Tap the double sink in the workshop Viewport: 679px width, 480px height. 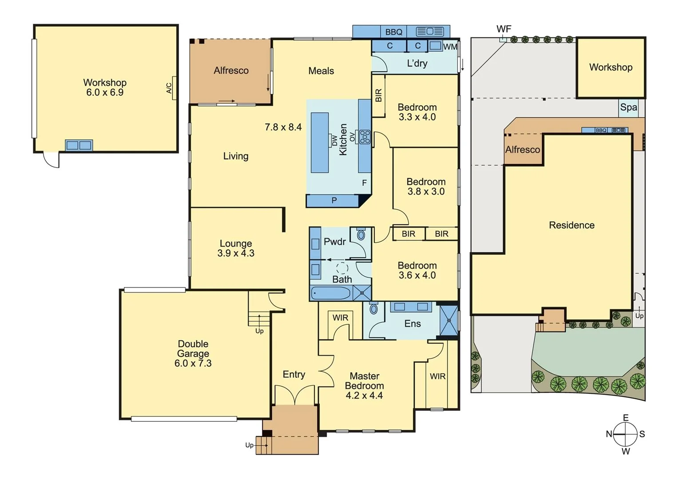click(x=79, y=145)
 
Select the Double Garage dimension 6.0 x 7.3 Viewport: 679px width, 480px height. click(x=193, y=364)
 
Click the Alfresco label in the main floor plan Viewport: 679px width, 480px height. click(x=231, y=71)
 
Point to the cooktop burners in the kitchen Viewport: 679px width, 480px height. click(x=365, y=136)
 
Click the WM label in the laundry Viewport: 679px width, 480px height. click(x=450, y=47)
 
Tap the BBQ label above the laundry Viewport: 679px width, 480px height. click(x=393, y=32)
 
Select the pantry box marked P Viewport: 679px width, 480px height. click(x=334, y=201)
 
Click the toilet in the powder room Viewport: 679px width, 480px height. click(x=361, y=234)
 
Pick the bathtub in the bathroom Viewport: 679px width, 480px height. click(x=331, y=293)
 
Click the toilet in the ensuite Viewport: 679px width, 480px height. click(x=373, y=308)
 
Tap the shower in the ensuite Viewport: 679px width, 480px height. click(x=449, y=320)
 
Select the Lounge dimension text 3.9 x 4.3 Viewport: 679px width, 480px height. click(x=236, y=253)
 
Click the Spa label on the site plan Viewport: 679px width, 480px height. click(x=628, y=108)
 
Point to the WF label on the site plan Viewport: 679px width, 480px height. click(x=504, y=29)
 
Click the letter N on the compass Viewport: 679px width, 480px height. click(x=609, y=434)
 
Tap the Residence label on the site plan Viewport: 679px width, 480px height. click(x=572, y=225)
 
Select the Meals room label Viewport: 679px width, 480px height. click(x=321, y=71)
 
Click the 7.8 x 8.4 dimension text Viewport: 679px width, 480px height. click(x=283, y=127)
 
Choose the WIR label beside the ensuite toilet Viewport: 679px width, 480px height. click(x=340, y=318)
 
